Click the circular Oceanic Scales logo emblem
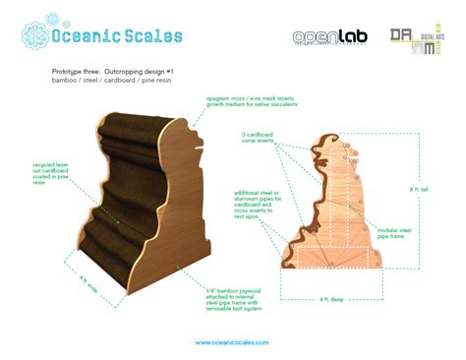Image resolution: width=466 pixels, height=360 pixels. (x=34, y=35)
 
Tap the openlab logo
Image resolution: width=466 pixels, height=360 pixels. (x=331, y=37)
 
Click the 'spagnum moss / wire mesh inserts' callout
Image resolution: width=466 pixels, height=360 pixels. (x=244, y=102)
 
